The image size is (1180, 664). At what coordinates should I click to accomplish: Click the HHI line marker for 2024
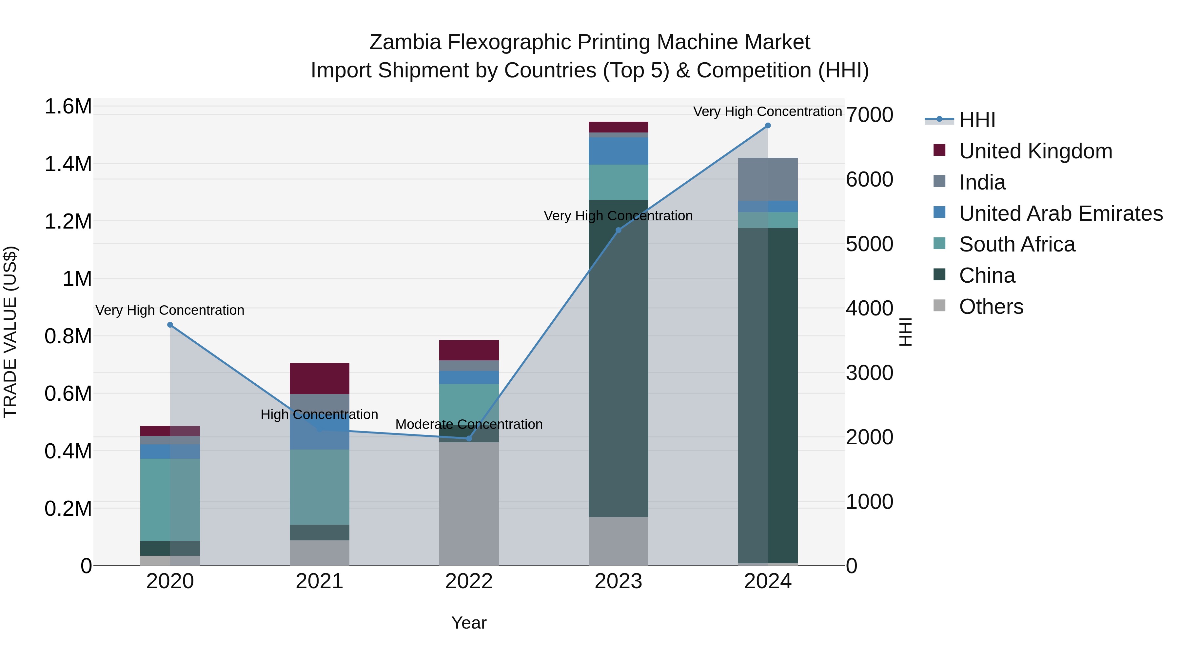coord(768,126)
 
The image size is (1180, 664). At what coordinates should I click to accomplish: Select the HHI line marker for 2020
coord(170,325)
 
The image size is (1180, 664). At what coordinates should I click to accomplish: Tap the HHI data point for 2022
coord(469,438)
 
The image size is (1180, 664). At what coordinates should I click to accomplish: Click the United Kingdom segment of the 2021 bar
coord(319,378)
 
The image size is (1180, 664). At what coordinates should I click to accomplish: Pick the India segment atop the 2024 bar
coord(768,179)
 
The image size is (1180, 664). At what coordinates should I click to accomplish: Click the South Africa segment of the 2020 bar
coord(170,499)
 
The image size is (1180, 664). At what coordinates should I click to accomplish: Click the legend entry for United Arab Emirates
coord(1060,213)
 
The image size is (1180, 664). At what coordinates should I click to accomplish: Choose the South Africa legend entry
coord(1016,244)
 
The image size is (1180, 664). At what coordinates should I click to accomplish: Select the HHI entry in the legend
coord(977,120)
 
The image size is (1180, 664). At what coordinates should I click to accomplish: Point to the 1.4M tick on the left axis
coord(68,164)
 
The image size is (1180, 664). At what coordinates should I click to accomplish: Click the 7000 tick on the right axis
coord(869,115)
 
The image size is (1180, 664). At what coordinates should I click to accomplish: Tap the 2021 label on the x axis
coord(319,581)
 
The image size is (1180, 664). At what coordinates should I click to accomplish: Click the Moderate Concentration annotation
coord(469,424)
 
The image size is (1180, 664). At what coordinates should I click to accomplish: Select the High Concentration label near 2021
coord(319,414)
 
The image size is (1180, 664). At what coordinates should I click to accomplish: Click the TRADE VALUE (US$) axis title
coord(10,332)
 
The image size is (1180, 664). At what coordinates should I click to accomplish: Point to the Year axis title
coord(469,623)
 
